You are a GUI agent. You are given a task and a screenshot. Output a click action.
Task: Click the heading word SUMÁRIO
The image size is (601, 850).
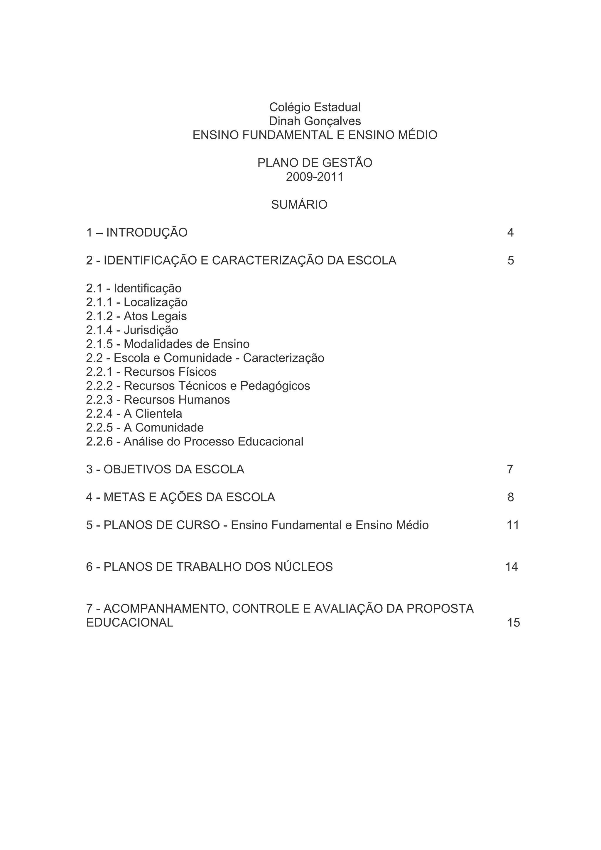(299, 205)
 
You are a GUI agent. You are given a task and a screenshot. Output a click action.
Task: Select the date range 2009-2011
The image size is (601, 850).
(315, 177)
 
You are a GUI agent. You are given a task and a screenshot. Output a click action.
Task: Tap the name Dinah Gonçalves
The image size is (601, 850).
(315, 121)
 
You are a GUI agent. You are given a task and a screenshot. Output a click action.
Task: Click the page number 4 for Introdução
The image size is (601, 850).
(510, 233)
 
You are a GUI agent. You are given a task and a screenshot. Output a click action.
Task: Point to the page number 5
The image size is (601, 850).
(511, 261)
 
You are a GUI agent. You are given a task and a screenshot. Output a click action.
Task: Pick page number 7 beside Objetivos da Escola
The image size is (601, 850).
(510, 469)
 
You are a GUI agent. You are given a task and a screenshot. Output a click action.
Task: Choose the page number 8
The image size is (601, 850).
(511, 497)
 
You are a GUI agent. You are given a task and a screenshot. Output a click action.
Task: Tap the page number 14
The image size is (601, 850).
(511, 567)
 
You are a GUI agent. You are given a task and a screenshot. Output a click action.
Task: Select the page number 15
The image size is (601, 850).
(514, 623)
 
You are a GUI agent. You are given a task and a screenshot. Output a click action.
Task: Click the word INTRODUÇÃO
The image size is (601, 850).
(147, 233)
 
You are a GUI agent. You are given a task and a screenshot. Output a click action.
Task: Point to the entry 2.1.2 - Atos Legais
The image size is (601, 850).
(136, 316)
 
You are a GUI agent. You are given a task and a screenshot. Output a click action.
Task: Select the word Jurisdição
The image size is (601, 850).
(151, 330)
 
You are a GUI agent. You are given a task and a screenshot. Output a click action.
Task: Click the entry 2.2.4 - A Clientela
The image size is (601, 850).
(134, 414)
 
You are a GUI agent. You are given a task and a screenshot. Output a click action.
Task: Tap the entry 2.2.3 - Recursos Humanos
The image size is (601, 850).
(158, 400)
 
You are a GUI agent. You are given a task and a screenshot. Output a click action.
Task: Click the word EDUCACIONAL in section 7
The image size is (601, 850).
(130, 623)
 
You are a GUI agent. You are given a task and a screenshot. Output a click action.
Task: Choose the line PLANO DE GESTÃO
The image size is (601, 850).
(315, 163)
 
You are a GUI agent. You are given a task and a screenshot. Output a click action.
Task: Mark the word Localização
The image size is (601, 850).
(156, 302)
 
